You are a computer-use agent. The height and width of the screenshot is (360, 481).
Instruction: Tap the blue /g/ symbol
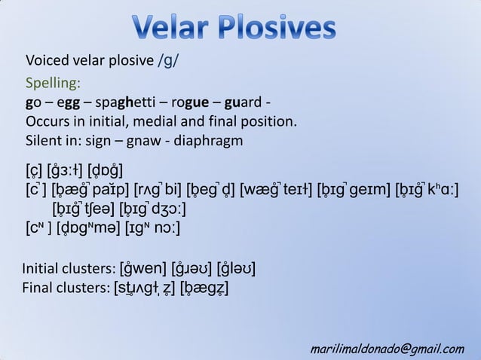click(169, 61)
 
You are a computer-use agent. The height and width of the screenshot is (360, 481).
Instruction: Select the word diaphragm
click(209, 141)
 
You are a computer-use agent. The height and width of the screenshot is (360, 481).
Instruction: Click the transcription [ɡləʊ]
click(240, 268)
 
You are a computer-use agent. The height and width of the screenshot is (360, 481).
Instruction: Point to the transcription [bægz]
click(204, 288)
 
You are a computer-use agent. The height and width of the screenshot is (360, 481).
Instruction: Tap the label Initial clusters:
click(68, 268)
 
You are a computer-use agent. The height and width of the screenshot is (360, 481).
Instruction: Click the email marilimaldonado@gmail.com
click(388, 348)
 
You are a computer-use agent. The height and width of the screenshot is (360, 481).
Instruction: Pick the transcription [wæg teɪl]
click(274, 188)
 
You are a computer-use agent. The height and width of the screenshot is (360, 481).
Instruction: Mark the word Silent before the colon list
click(44, 141)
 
